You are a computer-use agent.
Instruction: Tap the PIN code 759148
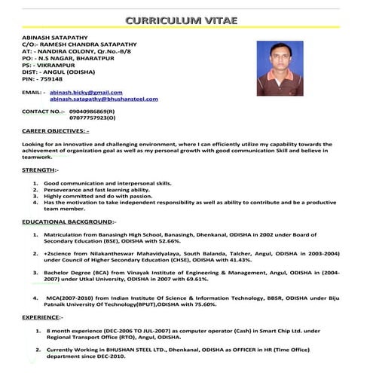(x=43, y=78)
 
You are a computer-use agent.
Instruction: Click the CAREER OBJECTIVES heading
(x=56, y=130)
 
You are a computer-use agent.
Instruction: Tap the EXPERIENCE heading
(x=42, y=318)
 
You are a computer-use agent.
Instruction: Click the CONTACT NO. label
(x=44, y=112)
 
